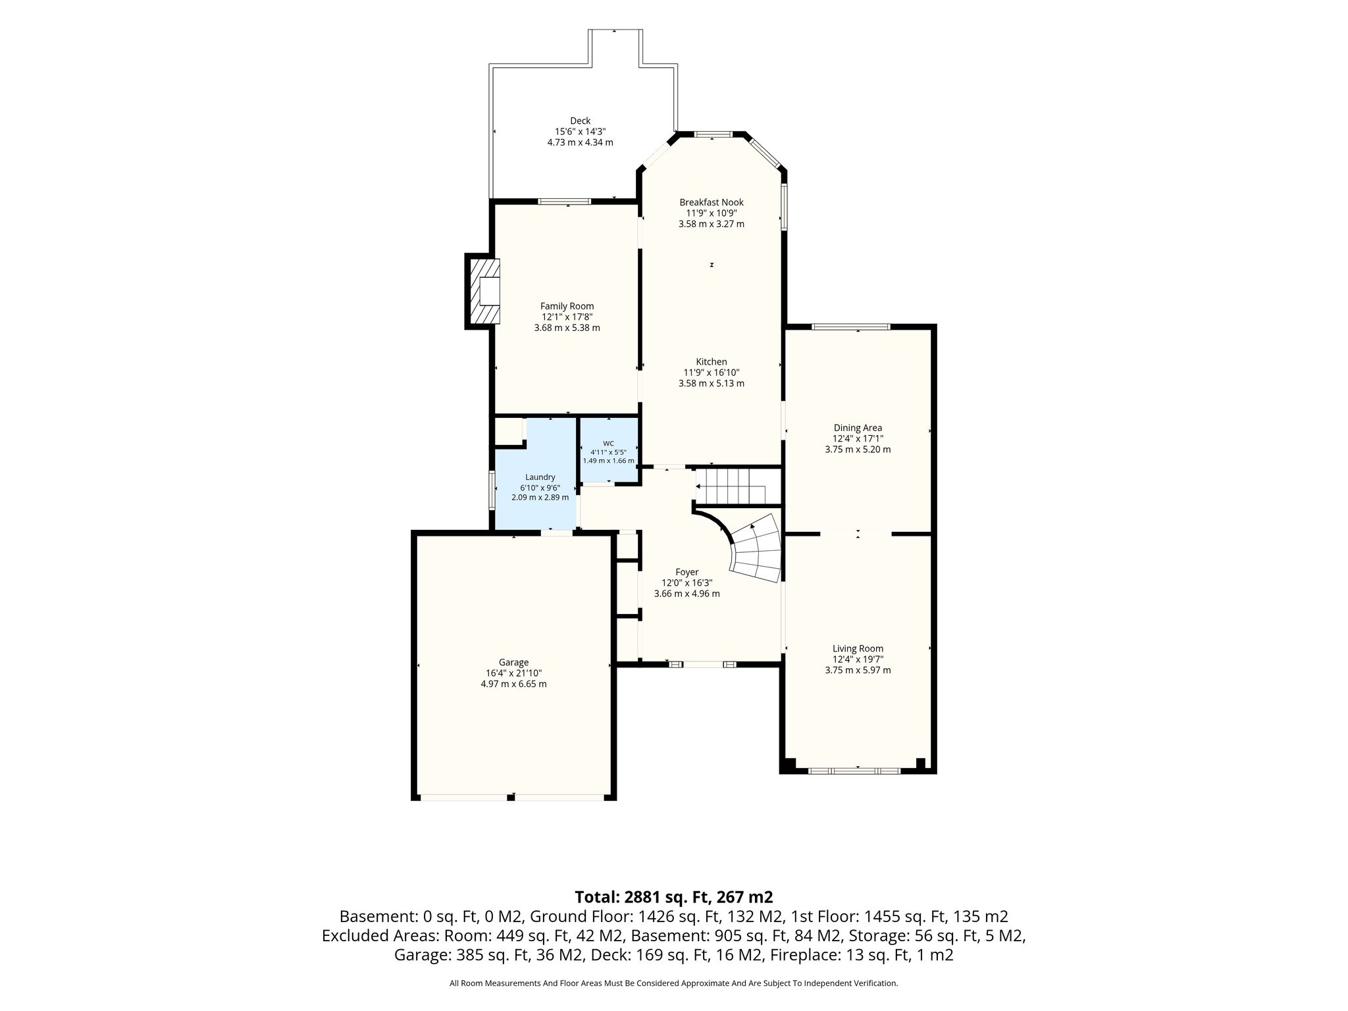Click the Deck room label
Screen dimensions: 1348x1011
tap(580, 120)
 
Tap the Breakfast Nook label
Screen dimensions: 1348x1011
tap(712, 202)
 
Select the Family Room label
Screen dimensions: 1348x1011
tap(567, 306)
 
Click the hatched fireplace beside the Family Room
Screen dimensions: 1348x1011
tap(483, 290)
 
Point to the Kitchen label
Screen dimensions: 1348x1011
tap(712, 361)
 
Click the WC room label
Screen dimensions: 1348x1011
tap(608, 444)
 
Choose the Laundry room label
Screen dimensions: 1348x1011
tap(540, 477)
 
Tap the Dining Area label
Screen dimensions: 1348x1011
tap(858, 428)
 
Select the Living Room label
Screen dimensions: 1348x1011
tap(858, 648)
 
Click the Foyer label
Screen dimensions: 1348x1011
tap(687, 572)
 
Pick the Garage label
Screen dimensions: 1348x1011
tap(513, 662)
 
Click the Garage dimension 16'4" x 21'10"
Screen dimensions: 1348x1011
tap(513, 673)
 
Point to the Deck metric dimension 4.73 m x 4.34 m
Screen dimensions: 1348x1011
tap(580, 142)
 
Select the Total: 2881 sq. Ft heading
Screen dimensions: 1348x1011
tap(674, 896)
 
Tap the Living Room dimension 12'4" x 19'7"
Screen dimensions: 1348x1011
tap(858, 660)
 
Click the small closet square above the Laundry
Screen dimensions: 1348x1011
tap(508, 432)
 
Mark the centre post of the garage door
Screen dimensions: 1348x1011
tap(511, 798)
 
